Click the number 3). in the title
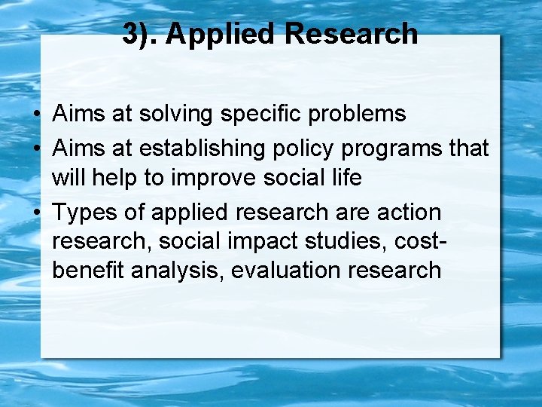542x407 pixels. pos(140,34)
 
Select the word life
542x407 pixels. pos(346,179)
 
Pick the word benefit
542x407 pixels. pos(89,271)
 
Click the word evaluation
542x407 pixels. pos(287,271)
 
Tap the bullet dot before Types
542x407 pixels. pos(36,213)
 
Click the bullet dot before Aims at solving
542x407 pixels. pos(36,115)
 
